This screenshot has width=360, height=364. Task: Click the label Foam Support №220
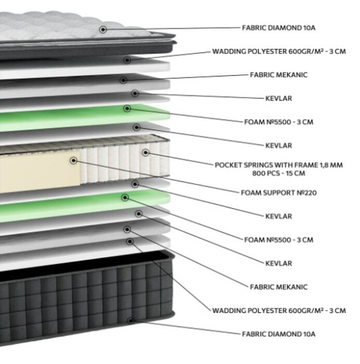(x=278, y=193)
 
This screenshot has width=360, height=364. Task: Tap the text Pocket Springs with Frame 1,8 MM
(x=278, y=165)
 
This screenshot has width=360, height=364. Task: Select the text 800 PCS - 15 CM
(x=278, y=173)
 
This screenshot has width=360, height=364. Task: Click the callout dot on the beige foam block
(x=74, y=160)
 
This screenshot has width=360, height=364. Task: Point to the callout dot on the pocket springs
(x=145, y=152)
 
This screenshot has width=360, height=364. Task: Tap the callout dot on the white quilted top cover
(x=103, y=30)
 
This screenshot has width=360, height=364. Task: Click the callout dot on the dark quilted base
(x=130, y=321)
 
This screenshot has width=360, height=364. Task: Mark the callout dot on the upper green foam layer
(x=127, y=108)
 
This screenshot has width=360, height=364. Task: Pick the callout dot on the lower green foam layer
(x=125, y=198)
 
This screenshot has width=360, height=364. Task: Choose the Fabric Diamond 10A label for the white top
(x=278, y=28)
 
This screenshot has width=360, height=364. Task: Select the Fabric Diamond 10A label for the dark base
(x=278, y=334)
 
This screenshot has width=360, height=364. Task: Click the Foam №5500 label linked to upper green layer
(x=278, y=122)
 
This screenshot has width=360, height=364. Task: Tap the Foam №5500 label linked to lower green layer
(x=278, y=240)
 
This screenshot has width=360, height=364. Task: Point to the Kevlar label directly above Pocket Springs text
(x=278, y=146)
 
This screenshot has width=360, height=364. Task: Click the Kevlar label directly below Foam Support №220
(x=278, y=216)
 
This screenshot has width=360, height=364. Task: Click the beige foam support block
(x=40, y=172)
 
